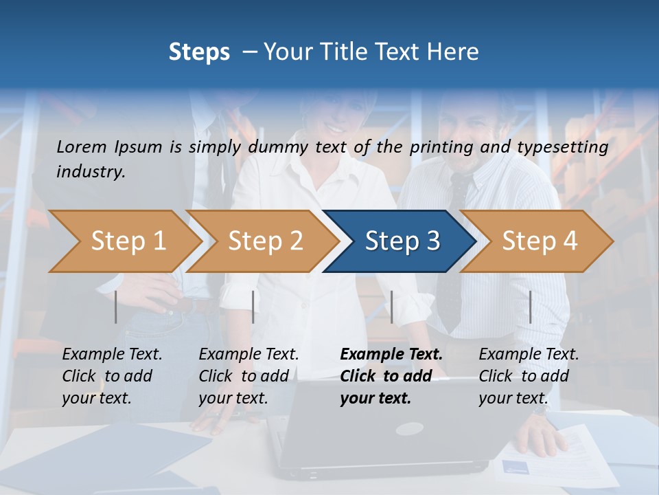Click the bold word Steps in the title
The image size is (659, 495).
pos(199,52)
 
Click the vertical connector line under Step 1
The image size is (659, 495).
pos(116,307)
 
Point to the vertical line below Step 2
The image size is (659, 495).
pos(253,307)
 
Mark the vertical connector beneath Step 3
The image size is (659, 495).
pos(391,307)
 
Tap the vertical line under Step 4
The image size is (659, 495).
pos(531,307)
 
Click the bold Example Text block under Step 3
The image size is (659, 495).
pos(391,376)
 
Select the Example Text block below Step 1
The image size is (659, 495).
pos(112,376)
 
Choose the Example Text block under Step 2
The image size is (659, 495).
pos(248,376)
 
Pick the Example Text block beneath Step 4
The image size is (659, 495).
pos(529,376)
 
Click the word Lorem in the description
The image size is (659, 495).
pos(82,147)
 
